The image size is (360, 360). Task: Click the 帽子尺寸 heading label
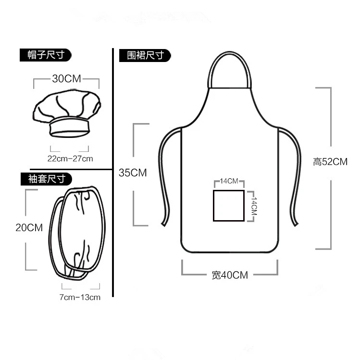click(46, 55)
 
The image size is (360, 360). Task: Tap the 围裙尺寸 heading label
click(145, 55)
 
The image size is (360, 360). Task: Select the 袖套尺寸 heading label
click(46, 179)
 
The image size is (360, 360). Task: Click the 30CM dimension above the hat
click(67, 79)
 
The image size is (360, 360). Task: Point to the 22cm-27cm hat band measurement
click(70, 159)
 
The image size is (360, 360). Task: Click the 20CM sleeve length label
click(29, 228)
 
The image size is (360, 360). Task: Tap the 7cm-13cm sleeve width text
click(80, 298)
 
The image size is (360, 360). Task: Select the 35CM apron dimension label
click(133, 173)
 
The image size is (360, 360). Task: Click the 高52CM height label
click(330, 162)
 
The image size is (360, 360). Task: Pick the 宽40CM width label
click(230, 275)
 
